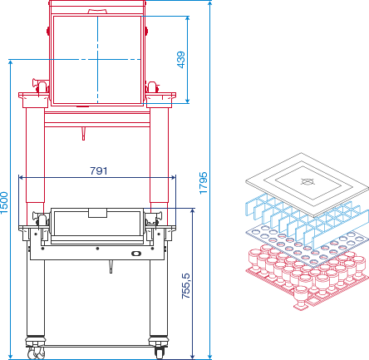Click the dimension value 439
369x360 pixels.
pos(180,60)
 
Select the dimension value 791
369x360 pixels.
pos(99,171)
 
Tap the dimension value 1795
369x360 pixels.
pos(204,183)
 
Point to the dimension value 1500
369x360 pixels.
pos(4,203)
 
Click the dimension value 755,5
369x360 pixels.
pos(186,286)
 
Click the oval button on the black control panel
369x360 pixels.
pos(136,253)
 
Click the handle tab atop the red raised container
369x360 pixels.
pos(97,12)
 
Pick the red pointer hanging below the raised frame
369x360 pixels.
pos(83,134)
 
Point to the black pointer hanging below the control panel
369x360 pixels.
pos(111,267)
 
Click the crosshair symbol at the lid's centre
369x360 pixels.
pos(307,181)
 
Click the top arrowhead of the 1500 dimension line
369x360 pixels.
pos(11,62)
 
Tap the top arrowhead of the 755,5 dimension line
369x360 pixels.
pos(193,211)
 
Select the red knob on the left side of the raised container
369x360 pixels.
pos(48,31)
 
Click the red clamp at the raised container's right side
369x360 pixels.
pos(152,87)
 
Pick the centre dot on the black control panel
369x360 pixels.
pos(97,249)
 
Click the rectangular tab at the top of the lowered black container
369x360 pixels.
pos(97,213)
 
